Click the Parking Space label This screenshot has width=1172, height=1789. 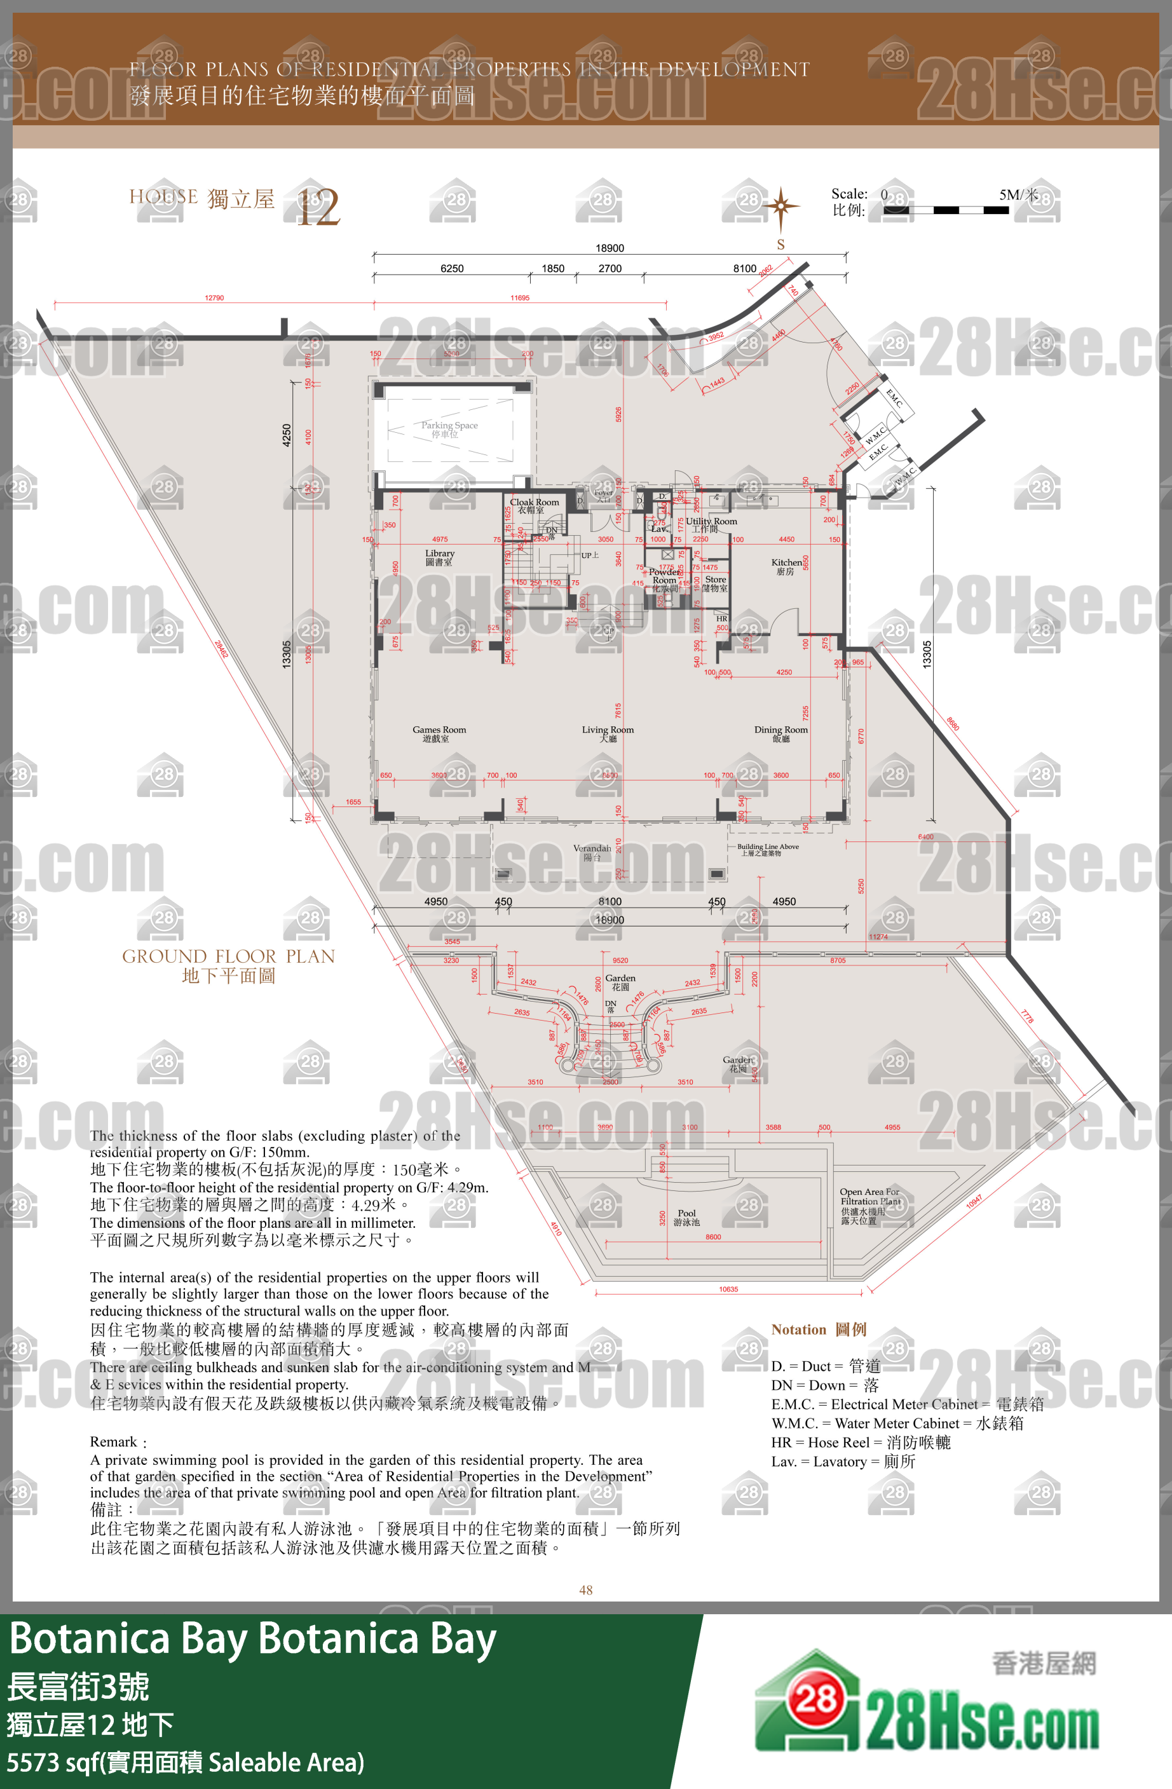tap(449, 429)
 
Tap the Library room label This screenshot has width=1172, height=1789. tap(439, 557)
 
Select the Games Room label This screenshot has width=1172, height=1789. tap(439, 733)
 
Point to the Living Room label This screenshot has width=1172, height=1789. tap(608, 733)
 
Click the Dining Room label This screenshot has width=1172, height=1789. tap(780, 733)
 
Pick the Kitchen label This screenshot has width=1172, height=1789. tap(786, 567)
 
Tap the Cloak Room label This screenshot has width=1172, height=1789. tap(534, 505)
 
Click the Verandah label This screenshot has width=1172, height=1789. tap(592, 852)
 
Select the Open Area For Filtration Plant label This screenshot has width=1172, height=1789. tap(869, 1205)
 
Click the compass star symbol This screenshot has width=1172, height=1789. tap(780, 205)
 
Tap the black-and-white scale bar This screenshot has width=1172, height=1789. tap(945, 210)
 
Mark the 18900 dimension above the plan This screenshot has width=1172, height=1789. tap(610, 248)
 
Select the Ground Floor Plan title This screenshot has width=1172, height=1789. tap(229, 965)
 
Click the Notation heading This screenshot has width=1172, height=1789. tap(818, 1330)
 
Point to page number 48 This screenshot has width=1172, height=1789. tap(585, 1590)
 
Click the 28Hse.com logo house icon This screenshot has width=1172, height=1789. tap(808, 1701)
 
